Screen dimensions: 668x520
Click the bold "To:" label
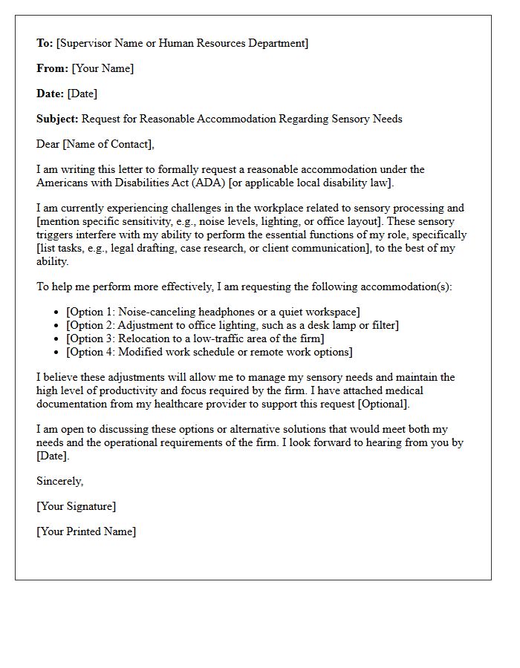point(45,43)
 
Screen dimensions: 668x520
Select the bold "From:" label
point(52,68)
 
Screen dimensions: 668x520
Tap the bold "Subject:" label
point(57,119)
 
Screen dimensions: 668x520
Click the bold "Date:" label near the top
point(50,94)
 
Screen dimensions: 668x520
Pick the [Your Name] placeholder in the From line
point(103,68)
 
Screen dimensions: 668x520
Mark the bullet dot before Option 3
point(58,339)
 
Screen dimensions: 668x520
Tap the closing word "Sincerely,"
point(60,481)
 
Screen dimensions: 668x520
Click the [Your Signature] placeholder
point(76,506)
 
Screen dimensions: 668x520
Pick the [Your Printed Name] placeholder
point(86,531)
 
